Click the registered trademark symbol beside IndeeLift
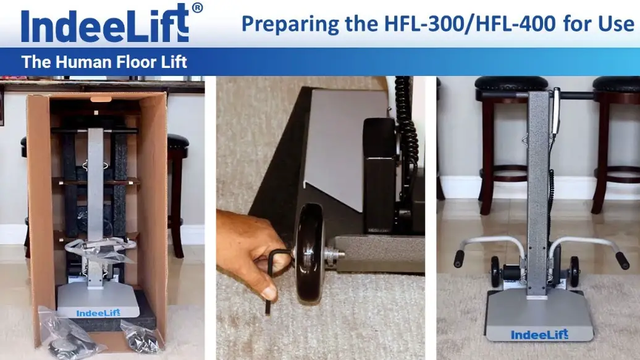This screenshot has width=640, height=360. click(196, 8)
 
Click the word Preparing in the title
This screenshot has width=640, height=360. click(279, 24)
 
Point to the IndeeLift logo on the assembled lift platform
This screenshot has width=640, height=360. click(539, 335)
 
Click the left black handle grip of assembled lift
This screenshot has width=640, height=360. click(460, 259)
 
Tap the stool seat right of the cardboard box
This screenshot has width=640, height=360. click(178, 143)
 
